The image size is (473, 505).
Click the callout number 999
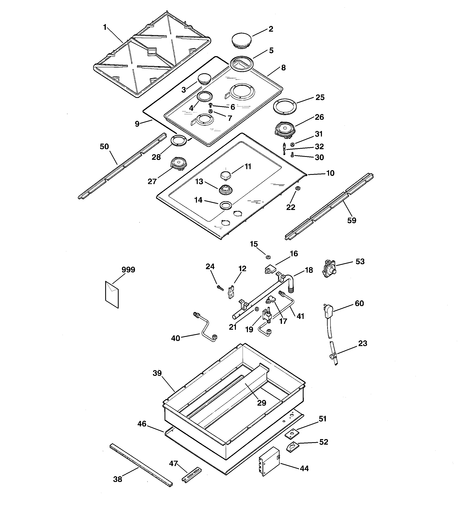click(x=128, y=270)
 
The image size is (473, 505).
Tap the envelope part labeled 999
click(x=112, y=294)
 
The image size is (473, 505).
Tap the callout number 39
click(x=157, y=373)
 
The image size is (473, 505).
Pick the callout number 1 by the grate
click(x=105, y=27)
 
